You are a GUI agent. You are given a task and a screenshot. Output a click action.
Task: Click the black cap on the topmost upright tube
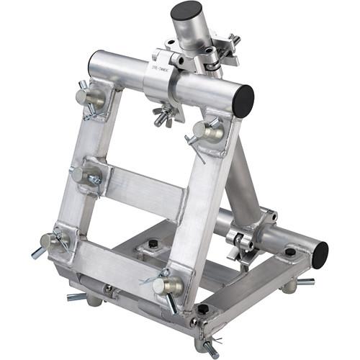click(x=186, y=12)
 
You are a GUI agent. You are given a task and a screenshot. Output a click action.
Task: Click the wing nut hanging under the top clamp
click(x=164, y=115)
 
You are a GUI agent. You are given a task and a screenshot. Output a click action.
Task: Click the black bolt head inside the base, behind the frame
click(x=155, y=247)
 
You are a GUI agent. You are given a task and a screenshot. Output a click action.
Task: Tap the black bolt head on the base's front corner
click(x=203, y=309)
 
